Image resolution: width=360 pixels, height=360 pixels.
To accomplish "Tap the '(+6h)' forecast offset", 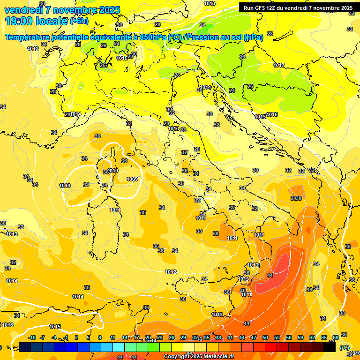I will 79,22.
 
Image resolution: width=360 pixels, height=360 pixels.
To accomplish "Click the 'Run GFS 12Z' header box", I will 298,7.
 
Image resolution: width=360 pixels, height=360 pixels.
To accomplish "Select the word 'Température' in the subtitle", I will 29,37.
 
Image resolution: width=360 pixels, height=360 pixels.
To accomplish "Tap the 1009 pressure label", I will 132,179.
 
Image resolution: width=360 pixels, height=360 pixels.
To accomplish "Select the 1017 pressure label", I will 279,65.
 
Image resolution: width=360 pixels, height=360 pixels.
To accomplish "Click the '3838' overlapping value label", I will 296,198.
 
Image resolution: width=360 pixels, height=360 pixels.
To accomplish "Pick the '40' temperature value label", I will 243,291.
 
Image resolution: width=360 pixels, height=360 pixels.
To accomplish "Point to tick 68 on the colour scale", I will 336,337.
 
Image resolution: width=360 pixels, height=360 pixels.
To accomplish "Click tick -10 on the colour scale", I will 31,337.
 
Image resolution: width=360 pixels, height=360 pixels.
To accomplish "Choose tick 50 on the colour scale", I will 265,337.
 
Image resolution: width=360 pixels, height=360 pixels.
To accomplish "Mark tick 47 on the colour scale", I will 254,337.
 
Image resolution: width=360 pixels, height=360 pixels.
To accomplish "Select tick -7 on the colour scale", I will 43,337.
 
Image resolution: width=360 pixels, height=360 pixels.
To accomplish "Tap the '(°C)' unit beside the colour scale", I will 344,348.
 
